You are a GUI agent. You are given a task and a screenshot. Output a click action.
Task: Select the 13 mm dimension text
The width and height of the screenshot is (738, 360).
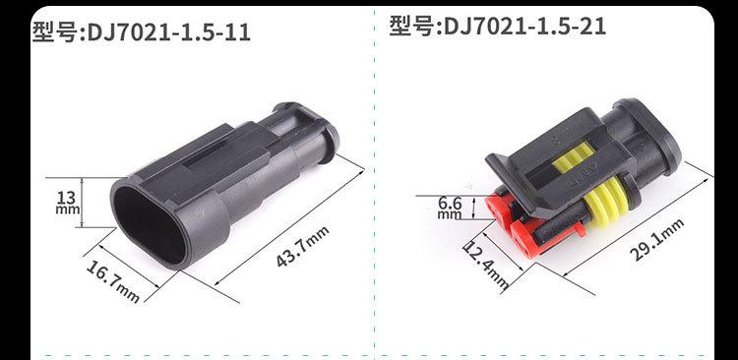(68, 203)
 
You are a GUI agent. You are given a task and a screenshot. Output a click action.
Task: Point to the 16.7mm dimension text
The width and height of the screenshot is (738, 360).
(113, 281)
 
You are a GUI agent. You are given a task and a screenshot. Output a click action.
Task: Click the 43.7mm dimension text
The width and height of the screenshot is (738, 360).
(302, 247)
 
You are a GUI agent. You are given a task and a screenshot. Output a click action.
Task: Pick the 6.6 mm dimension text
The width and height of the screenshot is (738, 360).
(450, 208)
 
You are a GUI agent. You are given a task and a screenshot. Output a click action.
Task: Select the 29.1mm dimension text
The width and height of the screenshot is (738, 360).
(656, 240)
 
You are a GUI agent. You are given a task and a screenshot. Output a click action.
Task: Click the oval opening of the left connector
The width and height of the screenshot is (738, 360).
(150, 225)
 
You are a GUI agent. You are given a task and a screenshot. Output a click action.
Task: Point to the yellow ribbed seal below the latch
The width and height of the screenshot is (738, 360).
(604, 204)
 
